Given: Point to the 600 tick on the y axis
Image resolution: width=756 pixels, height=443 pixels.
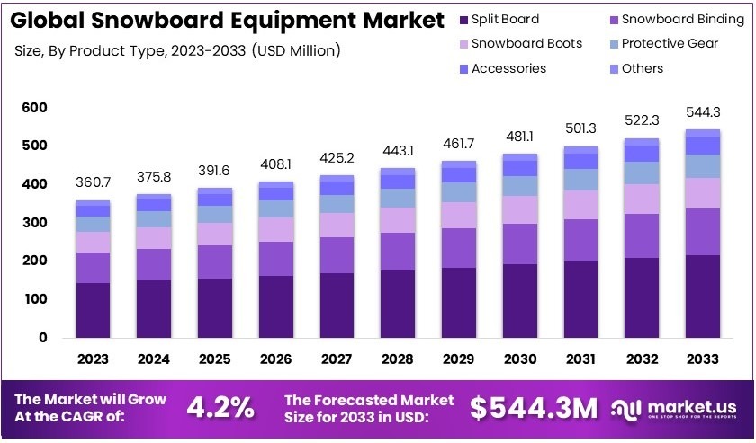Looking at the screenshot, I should click(34, 108).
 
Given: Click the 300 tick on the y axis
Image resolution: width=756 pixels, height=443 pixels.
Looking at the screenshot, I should click(34, 223).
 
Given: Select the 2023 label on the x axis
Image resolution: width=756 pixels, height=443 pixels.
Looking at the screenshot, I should click(93, 359).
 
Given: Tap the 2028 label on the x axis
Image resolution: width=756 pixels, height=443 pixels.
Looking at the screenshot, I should click(397, 359).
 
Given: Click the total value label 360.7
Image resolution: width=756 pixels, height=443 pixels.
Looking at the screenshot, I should click(93, 182).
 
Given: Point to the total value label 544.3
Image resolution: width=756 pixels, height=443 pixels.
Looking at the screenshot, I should click(703, 113).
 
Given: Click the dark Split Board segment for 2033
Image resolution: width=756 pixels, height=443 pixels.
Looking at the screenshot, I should click(703, 297).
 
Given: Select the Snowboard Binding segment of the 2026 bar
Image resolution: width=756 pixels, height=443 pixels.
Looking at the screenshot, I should click(275, 259).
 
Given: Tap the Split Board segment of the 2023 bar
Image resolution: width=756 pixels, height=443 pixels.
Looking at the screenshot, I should click(93, 310).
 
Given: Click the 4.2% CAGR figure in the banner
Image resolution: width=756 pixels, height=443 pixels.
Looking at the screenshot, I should click(220, 408).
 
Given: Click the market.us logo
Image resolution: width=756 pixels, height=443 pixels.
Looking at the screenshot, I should click(675, 409).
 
